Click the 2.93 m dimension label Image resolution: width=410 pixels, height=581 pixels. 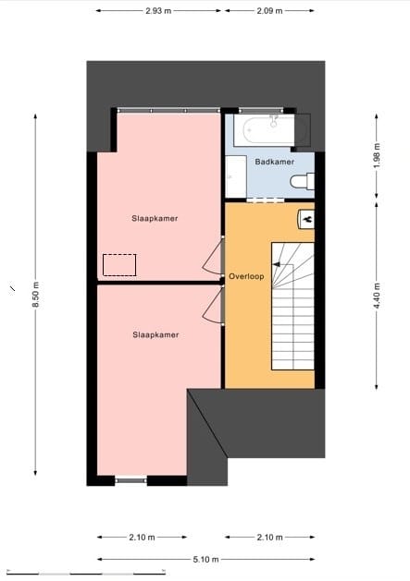tap(159, 11)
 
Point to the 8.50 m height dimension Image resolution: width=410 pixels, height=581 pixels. tap(35, 296)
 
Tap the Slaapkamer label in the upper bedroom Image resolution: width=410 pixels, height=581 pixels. tap(155, 219)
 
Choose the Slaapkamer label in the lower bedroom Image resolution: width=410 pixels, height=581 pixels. tap(155, 335)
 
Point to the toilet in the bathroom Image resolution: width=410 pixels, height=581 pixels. tap(302, 183)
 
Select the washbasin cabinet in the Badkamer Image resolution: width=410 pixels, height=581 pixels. tap(235, 176)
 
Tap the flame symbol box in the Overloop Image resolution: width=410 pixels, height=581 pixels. tap(306, 219)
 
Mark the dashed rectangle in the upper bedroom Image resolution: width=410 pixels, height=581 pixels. tap(119, 265)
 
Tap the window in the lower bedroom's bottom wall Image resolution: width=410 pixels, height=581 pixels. tap(130, 480)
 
